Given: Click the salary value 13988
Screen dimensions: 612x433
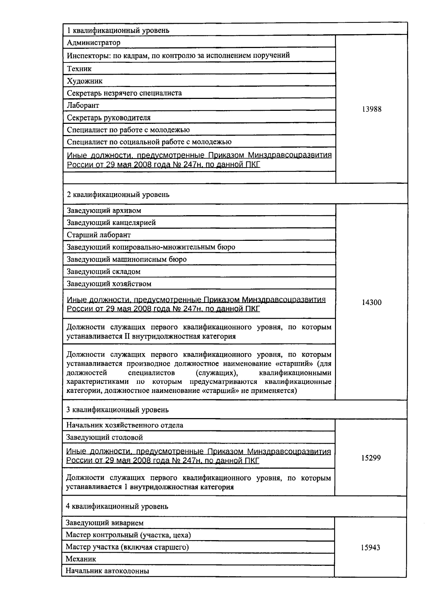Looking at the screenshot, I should [371, 109].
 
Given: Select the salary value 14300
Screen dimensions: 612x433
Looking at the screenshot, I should [371, 303].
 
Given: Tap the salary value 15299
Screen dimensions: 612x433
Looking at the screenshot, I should [371, 458].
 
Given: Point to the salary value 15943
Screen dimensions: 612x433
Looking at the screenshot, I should [370, 548].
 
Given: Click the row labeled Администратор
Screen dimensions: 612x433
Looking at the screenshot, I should [94, 43].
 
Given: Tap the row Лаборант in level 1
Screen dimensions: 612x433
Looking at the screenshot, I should [83, 105].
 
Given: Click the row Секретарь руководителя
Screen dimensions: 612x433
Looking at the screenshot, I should [109, 118].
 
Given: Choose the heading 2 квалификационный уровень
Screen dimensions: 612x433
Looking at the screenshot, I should [118, 195].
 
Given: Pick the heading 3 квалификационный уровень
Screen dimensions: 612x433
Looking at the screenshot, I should [117, 410].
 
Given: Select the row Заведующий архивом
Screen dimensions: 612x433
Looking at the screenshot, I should [104, 210].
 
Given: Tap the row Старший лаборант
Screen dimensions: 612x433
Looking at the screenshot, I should [99, 235].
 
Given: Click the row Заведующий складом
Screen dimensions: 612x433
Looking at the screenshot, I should [104, 272].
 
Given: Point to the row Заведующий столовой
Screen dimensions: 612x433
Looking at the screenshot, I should [104, 437].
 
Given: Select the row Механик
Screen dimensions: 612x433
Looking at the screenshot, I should [81, 559].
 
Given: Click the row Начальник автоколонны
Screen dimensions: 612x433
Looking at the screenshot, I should [107, 571].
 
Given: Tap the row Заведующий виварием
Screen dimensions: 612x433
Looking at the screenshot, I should [105, 523].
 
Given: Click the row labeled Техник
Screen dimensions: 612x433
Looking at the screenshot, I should [79, 69].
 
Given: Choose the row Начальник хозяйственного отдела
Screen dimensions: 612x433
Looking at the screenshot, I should [124, 425].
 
